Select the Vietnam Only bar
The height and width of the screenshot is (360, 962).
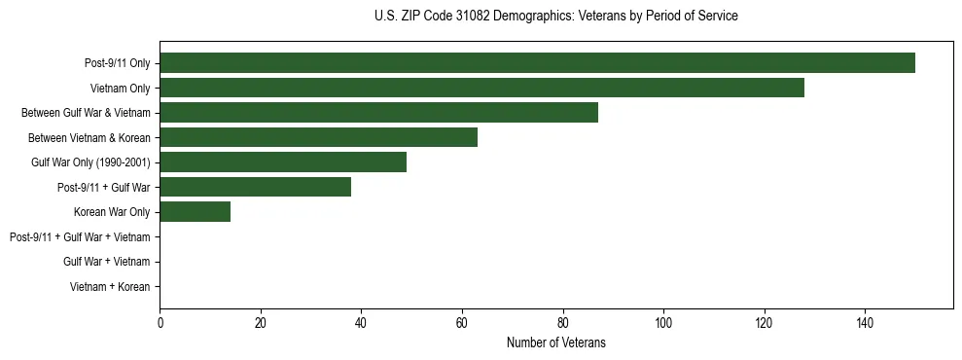[x=481, y=88]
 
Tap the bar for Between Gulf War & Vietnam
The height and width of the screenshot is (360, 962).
[x=378, y=113]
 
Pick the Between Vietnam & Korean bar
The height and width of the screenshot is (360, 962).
[x=318, y=137]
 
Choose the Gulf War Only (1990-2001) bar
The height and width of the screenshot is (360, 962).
[x=283, y=162]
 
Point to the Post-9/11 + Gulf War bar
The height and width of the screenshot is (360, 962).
[x=255, y=187]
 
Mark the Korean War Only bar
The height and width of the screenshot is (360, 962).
[x=195, y=212]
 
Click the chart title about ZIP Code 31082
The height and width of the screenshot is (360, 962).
[x=555, y=17]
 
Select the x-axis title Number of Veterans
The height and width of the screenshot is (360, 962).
[x=555, y=342]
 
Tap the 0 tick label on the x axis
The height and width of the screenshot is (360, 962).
[x=160, y=321]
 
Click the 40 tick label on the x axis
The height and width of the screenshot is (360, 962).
[x=361, y=321]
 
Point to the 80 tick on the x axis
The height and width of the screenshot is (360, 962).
[x=562, y=321]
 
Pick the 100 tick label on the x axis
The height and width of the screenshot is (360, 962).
[x=663, y=321]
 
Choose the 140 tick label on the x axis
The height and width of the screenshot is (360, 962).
[x=865, y=321]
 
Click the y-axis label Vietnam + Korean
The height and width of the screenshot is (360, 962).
[x=109, y=287]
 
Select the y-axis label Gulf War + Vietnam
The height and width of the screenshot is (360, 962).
[x=106, y=262]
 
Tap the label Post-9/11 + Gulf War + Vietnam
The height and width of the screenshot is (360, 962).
[x=79, y=236]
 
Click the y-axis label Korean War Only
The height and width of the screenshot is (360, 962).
[x=111, y=212]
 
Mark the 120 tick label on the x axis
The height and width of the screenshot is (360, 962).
[x=764, y=321]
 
